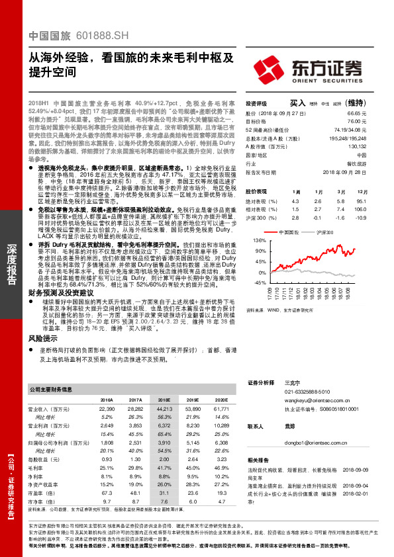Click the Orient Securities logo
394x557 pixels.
tap(317, 68)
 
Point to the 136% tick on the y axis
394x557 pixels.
tap(259, 241)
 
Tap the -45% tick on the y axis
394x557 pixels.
tap(259, 282)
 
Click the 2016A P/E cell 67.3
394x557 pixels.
tap(106, 492)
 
